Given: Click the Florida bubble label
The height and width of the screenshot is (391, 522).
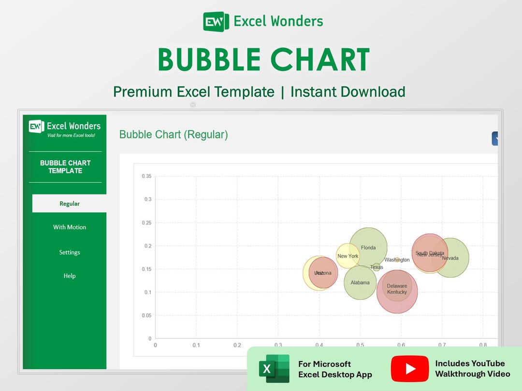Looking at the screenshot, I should (x=368, y=248).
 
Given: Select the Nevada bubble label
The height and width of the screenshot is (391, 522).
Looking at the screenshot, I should (x=450, y=258).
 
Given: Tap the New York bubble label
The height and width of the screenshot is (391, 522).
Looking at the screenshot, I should (x=348, y=256).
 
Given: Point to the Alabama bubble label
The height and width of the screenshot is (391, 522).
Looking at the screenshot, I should (x=360, y=283).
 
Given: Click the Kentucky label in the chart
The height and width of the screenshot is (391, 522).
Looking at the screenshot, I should (x=397, y=292).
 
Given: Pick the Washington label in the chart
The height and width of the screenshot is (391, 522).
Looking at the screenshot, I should (x=397, y=260).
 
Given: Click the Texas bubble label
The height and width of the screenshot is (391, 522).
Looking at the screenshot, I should (x=377, y=267).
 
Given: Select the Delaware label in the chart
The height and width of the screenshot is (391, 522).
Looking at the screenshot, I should (x=397, y=286).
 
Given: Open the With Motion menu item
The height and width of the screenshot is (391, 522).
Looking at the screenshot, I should (x=70, y=227).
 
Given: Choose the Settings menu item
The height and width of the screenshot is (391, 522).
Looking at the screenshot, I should (x=70, y=252).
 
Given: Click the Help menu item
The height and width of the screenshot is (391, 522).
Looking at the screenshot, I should (x=70, y=276).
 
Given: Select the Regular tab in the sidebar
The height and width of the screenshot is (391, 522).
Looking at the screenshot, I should (x=70, y=204).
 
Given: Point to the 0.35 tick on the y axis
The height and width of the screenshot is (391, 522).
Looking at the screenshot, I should (x=146, y=176).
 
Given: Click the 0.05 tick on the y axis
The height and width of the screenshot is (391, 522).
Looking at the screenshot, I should (x=146, y=315).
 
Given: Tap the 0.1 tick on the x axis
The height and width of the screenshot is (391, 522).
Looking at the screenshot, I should (x=196, y=345).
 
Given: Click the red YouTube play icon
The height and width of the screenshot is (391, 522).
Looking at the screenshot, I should (x=410, y=368).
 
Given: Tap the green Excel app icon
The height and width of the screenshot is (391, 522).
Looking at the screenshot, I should (x=274, y=368).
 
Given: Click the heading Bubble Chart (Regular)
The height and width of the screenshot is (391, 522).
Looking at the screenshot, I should (x=174, y=135).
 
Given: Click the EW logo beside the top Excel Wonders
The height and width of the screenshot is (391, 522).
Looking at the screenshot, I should (x=216, y=22).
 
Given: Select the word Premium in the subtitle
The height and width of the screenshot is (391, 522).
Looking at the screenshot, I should (x=143, y=91).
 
